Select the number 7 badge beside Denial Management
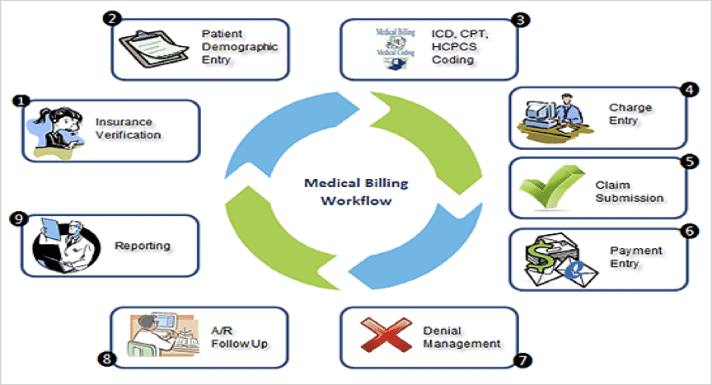point(520,360)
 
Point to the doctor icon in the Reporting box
point(63,246)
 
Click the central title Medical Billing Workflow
point(356,191)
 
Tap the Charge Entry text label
point(630,113)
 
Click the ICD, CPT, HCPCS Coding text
point(458,47)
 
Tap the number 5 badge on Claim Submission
point(688,161)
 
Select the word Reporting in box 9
point(143,246)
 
